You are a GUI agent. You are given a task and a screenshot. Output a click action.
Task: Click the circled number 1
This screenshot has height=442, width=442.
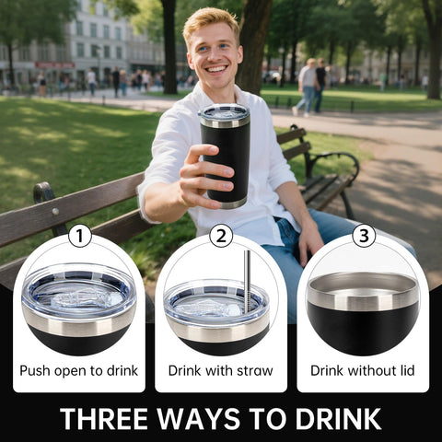pos(80,237)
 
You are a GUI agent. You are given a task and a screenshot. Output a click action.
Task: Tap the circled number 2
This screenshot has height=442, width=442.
pos(221,237)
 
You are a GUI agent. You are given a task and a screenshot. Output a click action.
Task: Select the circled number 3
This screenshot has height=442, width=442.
pos(364,237)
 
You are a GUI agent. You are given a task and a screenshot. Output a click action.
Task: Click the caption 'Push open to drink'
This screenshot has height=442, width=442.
pos(79,371)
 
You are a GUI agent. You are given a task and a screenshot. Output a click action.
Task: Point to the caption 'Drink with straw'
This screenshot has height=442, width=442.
pos(220,371)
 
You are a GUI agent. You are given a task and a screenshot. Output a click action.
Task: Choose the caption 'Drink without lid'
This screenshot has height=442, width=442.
pos(362,371)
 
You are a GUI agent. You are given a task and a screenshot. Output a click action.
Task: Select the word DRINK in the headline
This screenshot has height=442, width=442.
pos(336,419)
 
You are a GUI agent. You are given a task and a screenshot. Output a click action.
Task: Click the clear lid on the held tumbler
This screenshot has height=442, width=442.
pos(224,112)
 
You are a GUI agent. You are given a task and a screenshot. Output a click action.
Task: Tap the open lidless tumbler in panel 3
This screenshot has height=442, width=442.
pos(363,313)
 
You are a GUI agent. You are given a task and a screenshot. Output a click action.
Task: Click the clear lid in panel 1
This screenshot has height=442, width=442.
pos(79,294)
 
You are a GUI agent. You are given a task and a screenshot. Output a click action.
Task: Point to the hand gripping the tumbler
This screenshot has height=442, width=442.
pos(203,175)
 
